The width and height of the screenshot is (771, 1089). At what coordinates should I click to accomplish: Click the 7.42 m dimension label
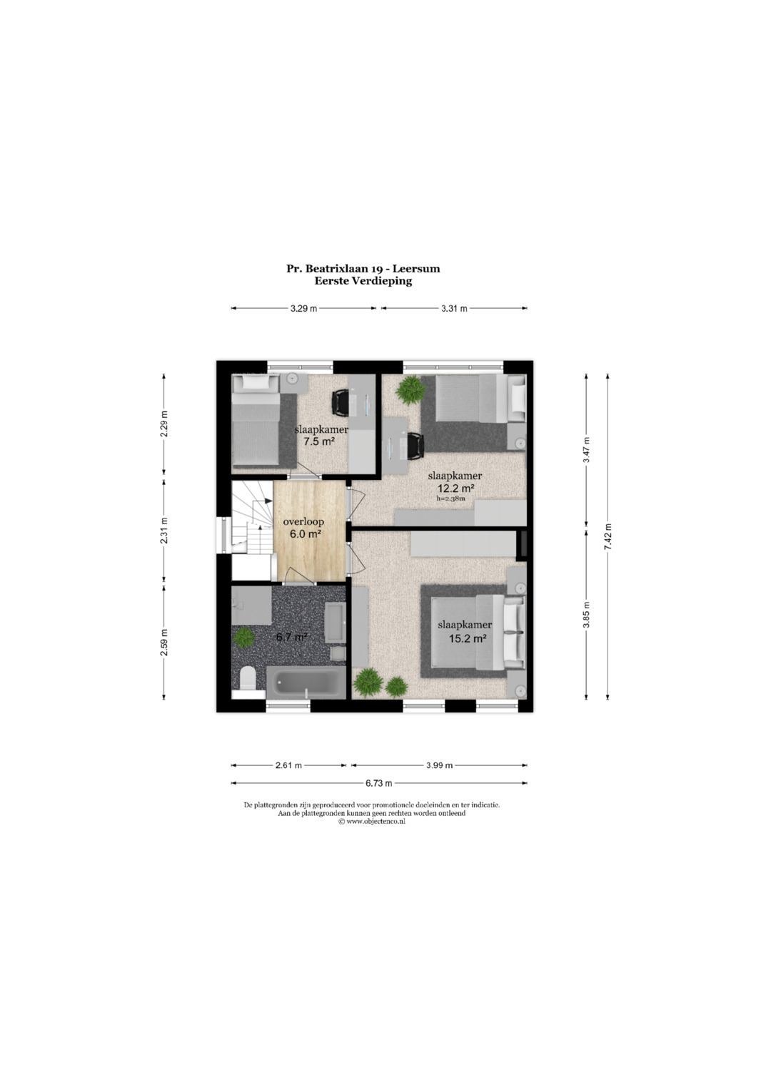pos(608,537)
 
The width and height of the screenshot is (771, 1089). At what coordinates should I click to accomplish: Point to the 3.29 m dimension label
pos(303,308)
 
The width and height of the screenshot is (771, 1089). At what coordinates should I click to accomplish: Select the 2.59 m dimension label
pos(164,643)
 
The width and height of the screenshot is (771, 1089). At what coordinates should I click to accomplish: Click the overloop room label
pos(303,522)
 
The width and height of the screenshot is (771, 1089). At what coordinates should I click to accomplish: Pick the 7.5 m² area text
pos(319,441)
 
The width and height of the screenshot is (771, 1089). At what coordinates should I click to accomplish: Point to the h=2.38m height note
pos(450,499)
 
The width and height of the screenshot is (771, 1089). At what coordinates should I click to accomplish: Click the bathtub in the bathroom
pos(306,682)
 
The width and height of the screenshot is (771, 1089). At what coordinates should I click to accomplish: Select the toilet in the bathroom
pos(248,678)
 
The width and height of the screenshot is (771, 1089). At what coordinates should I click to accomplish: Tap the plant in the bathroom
pos(243,638)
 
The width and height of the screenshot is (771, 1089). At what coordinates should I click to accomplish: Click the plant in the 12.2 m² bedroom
pos(410,390)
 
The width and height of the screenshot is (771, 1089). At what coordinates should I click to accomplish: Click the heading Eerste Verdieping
pos(363,280)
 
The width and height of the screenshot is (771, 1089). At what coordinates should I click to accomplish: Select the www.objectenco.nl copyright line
pos(372,821)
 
